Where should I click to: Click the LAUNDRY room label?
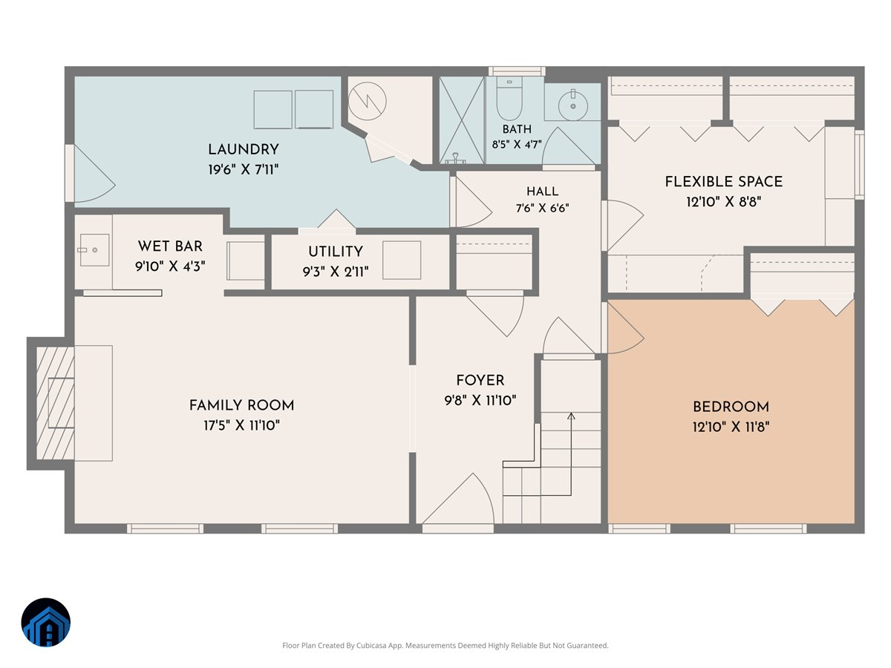click(243, 149)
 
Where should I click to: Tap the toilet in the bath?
click(509, 98)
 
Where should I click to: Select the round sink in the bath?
click(572, 105)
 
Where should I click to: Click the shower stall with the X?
click(462, 120)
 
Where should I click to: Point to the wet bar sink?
click(94, 250)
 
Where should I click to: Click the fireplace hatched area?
click(55, 403)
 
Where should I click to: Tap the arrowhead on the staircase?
click(571, 416)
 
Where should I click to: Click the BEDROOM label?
click(731, 407)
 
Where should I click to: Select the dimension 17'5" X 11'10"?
click(241, 425)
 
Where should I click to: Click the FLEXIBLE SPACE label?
click(723, 181)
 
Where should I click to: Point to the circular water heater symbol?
click(367, 102)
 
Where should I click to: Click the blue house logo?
click(46, 622)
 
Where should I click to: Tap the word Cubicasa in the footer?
click(372, 645)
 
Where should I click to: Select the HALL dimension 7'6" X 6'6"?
click(542, 208)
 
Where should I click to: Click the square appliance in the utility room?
click(402, 260)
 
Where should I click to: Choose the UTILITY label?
click(336, 252)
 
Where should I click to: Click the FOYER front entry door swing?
click(458, 499)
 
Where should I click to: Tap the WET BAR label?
click(170, 246)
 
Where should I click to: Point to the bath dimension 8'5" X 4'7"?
click(517, 145)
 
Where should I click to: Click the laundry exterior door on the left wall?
click(90, 173)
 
